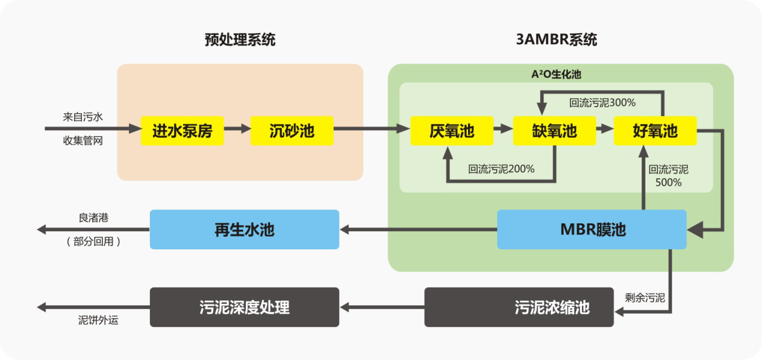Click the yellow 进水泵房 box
[x=182, y=130]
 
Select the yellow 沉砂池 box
[x=292, y=130]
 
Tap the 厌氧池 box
[x=452, y=130]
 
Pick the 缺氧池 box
[x=554, y=130]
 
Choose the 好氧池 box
[x=655, y=130]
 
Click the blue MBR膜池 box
[x=592, y=229]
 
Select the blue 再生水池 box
[x=244, y=229]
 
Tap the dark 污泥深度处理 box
[x=244, y=307]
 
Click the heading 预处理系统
[x=240, y=40]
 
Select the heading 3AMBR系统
[x=557, y=40]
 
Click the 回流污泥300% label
[x=602, y=102]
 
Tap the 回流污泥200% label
[x=501, y=169]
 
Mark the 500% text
[x=669, y=182]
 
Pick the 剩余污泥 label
[x=645, y=297]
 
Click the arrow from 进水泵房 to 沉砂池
[x=237, y=129]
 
